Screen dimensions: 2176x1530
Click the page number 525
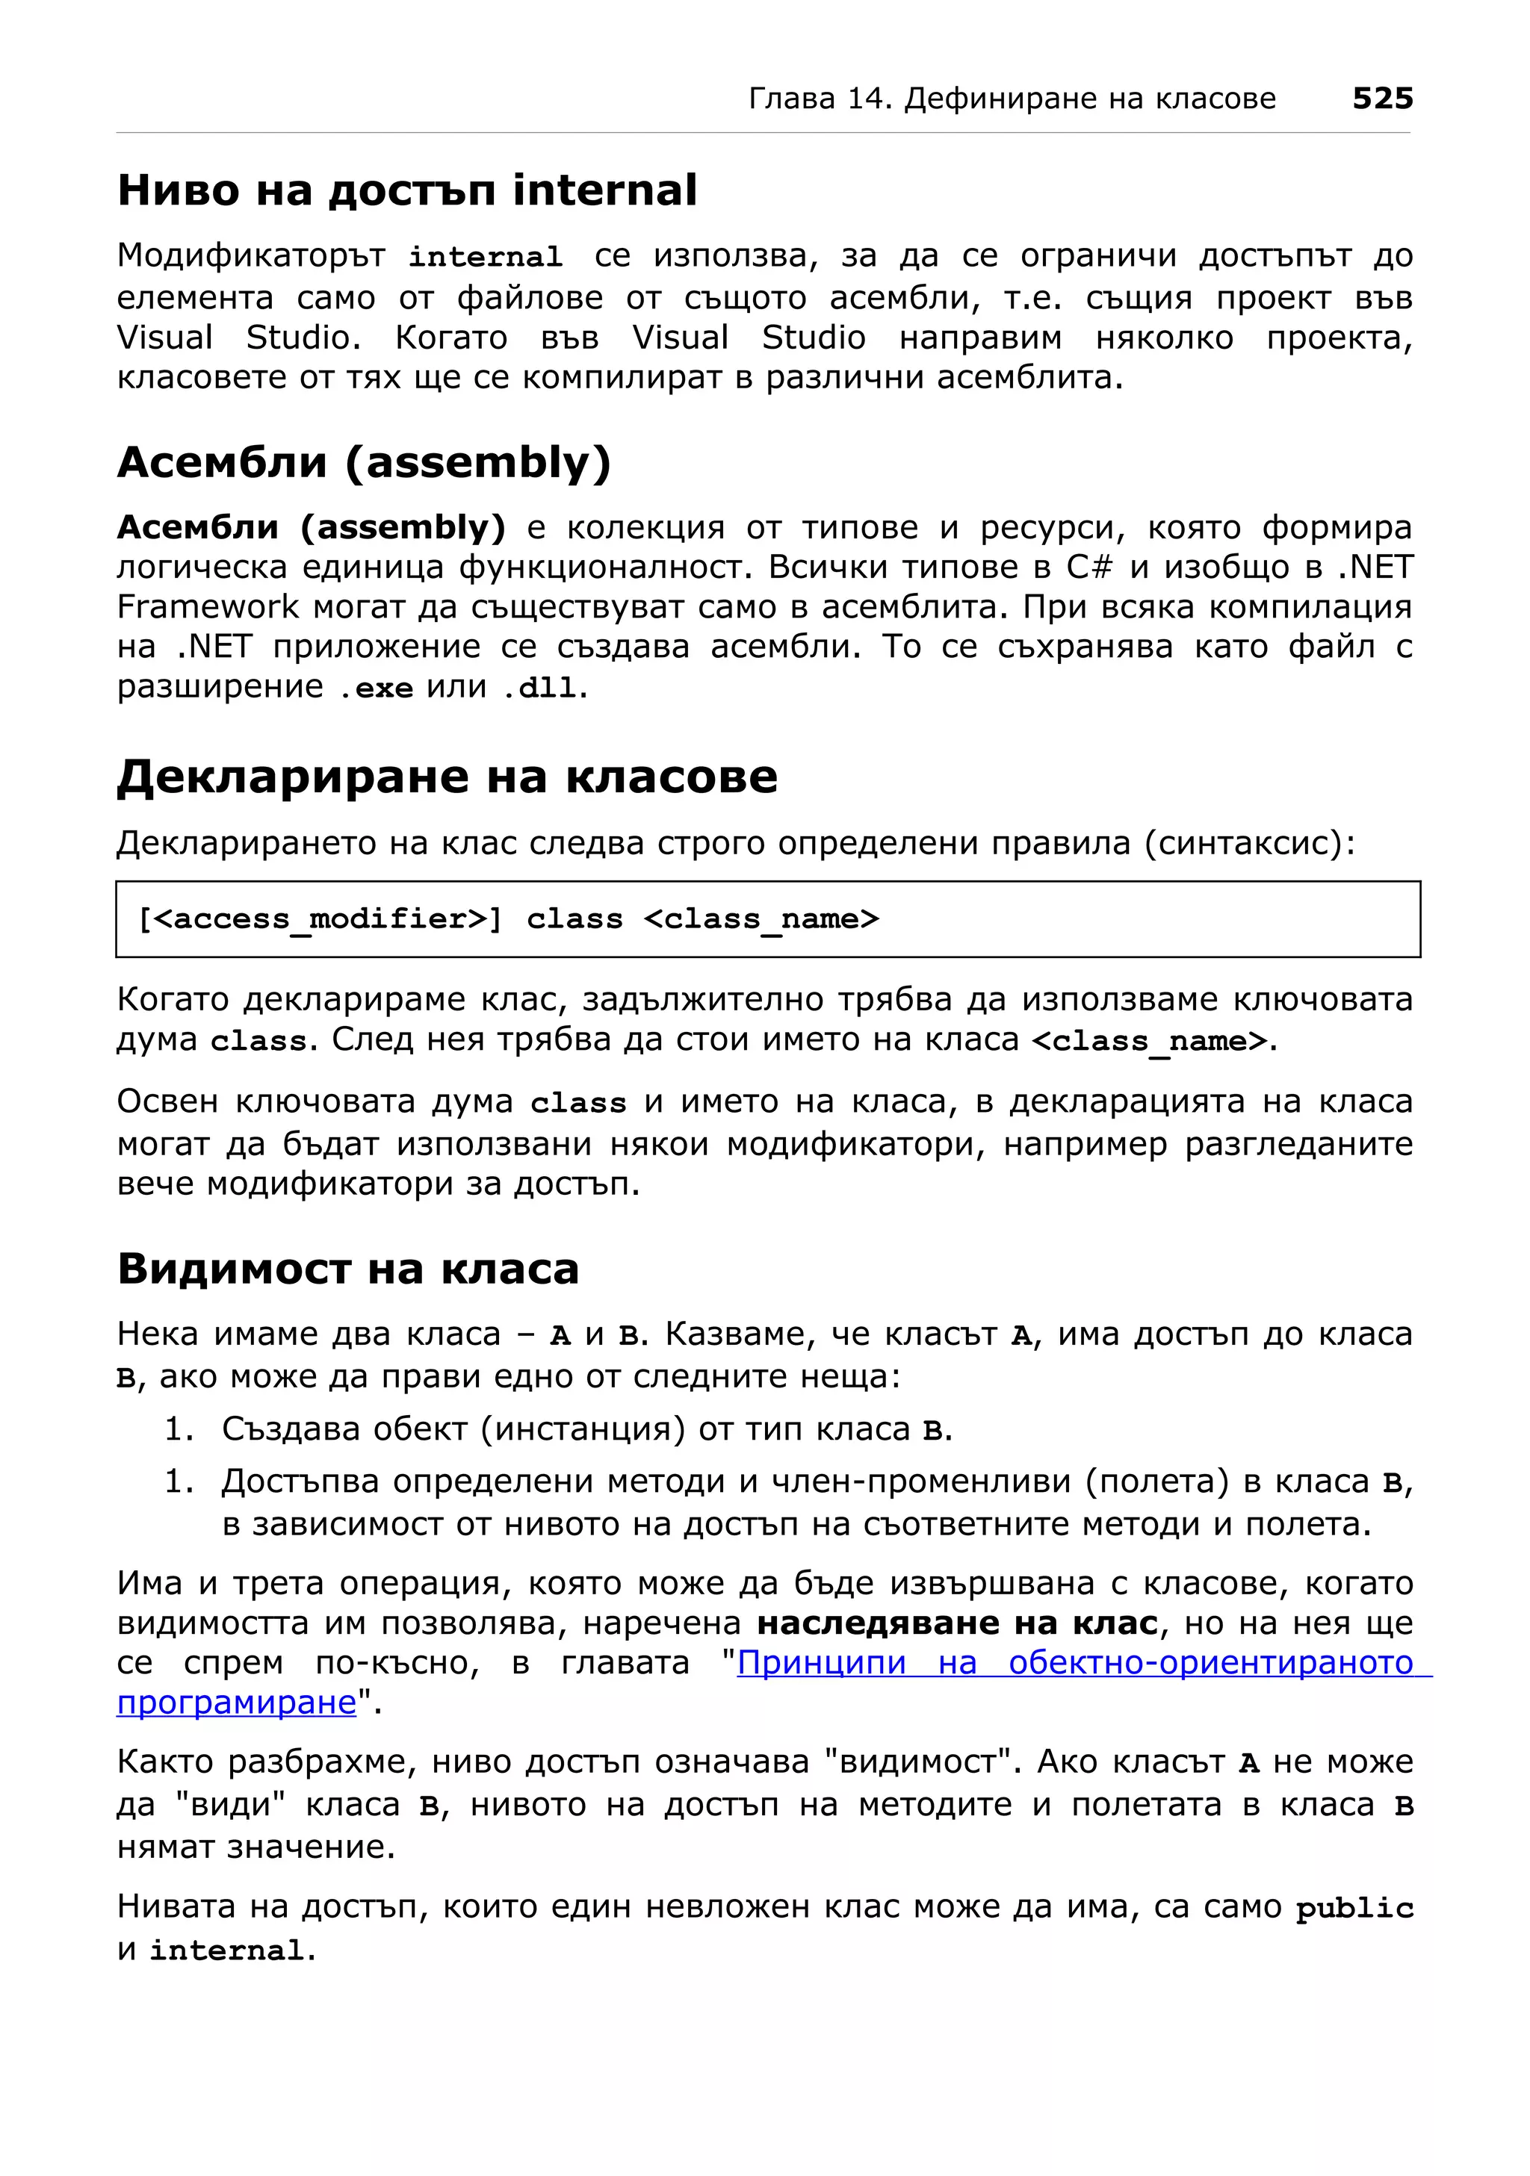[1381, 98]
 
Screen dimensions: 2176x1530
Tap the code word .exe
[377, 688]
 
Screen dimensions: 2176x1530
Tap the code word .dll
[539, 688]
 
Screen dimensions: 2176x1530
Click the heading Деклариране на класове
[447, 777]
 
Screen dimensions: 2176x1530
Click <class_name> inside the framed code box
[761, 918]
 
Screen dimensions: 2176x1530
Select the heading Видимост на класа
[348, 1268]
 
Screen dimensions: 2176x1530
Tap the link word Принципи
[821, 1662]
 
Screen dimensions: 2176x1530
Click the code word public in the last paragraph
[1354, 1908]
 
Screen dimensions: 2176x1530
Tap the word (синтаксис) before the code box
[1249, 842]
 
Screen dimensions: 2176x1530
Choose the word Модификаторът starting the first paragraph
[251, 256]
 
